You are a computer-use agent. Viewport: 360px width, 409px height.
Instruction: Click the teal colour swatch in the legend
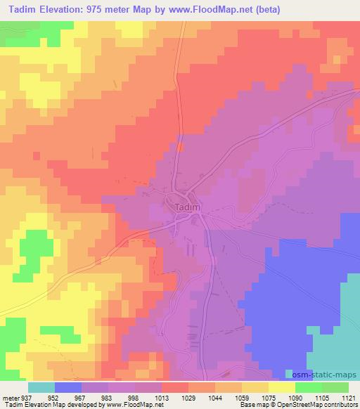click(x=41, y=387)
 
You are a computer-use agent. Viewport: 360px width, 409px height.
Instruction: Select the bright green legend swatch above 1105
click(x=309, y=387)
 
